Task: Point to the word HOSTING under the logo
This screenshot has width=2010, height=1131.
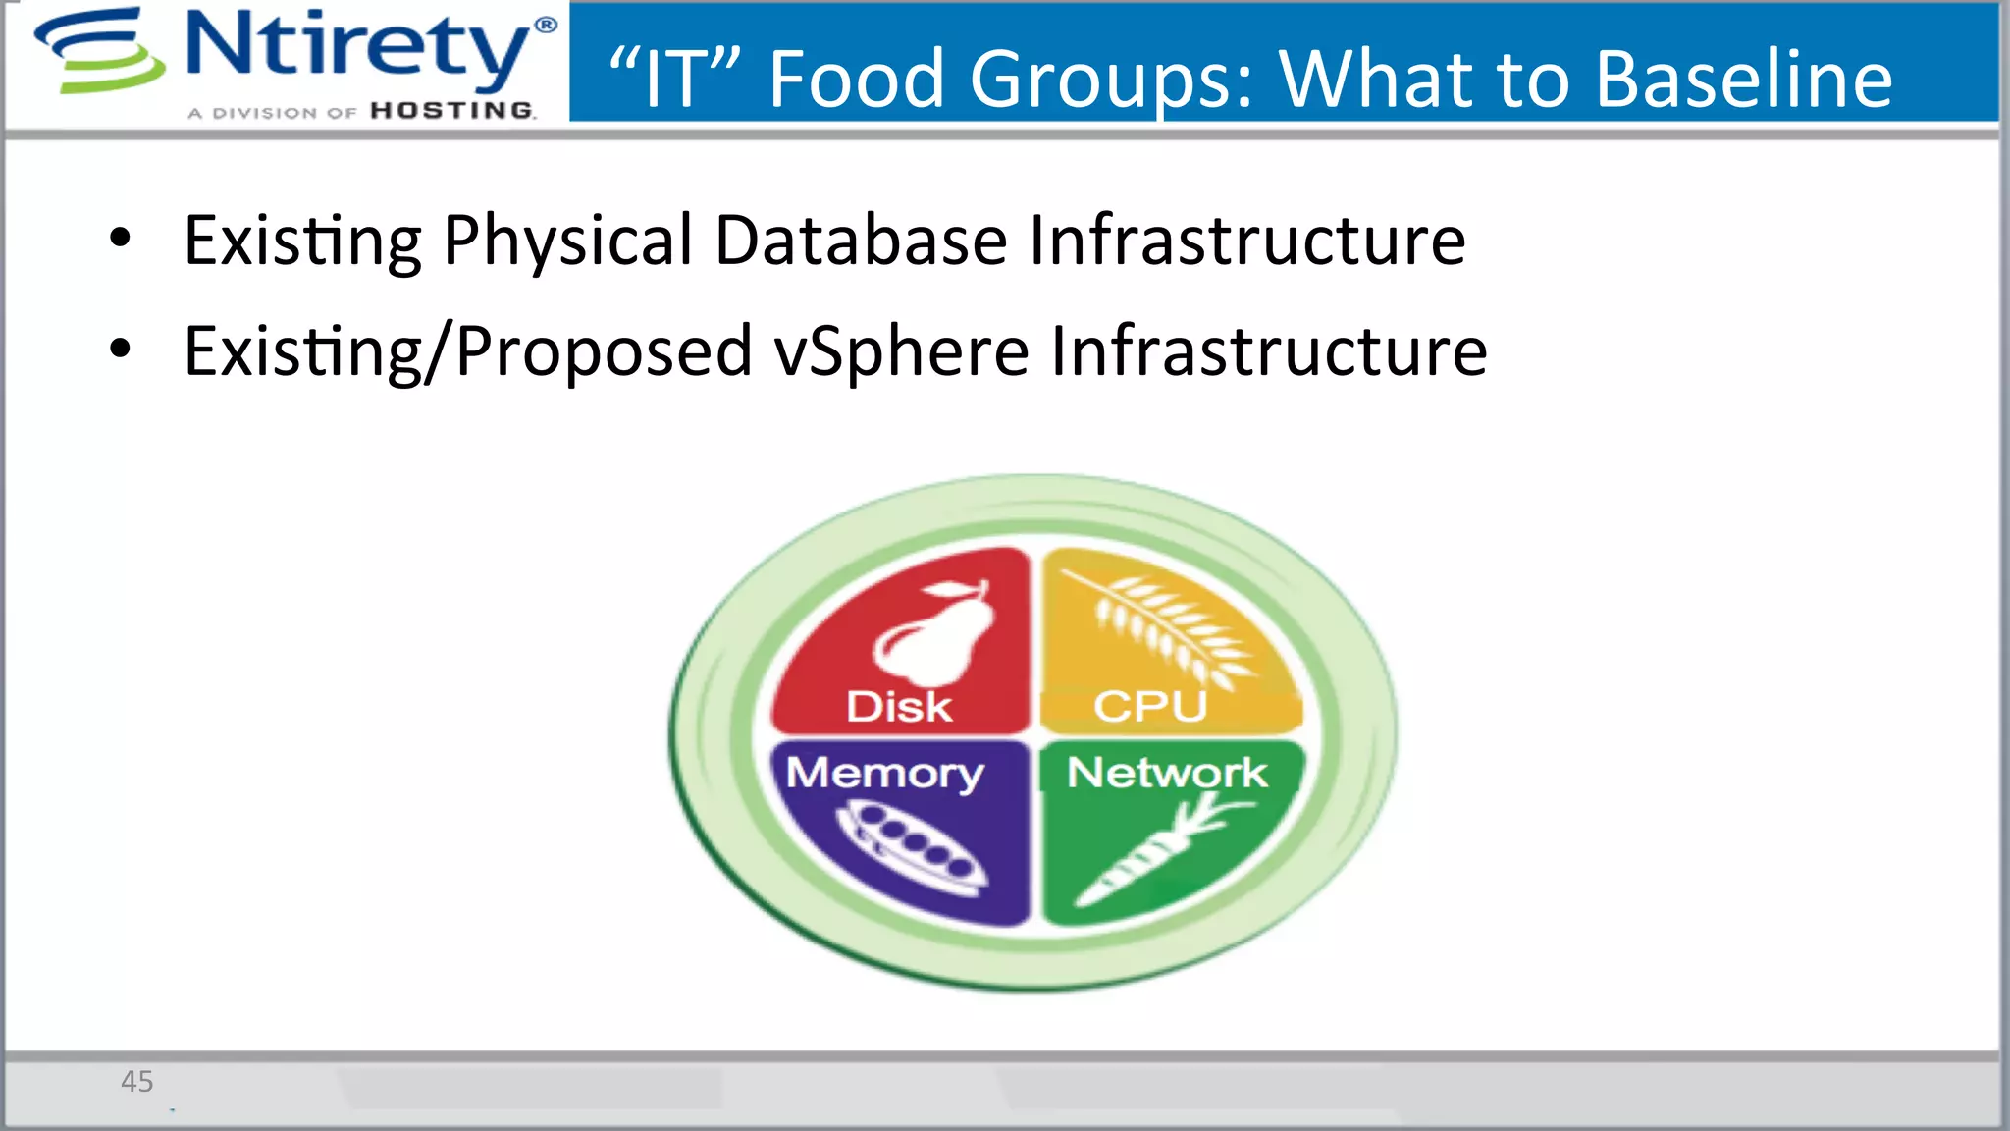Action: click(x=452, y=110)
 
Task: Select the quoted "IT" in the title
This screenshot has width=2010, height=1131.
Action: click(x=673, y=79)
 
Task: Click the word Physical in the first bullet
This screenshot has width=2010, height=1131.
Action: click(x=568, y=241)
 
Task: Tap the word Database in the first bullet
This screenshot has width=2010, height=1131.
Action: click(x=861, y=241)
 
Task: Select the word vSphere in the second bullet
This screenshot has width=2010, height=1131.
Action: click(x=901, y=351)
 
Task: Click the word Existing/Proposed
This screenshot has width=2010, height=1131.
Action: click(x=468, y=351)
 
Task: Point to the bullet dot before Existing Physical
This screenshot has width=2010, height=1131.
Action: click(x=120, y=239)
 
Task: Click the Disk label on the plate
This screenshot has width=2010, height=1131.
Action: click(x=899, y=706)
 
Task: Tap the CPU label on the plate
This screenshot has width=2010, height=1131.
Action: click(x=1150, y=706)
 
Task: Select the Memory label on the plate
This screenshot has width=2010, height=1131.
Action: click(x=884, y=773)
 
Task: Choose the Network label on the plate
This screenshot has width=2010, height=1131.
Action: click(x=1167, y=773)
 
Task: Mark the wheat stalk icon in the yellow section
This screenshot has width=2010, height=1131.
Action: click(x=1168, y=628)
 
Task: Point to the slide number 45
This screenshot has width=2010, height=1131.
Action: click(x=137, y=1081)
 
